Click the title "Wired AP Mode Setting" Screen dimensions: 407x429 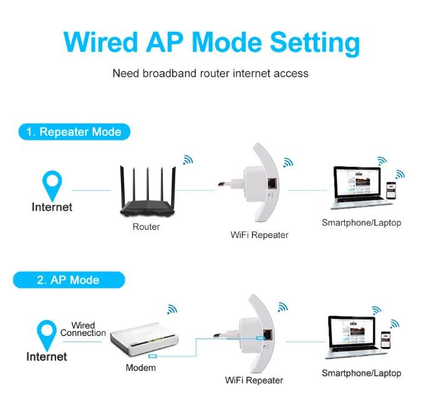212,42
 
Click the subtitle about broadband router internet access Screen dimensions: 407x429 210,74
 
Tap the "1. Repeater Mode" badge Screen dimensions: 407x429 74,132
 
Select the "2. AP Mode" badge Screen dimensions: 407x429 68,280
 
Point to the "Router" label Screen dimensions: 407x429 146,227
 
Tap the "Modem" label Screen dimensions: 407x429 140,368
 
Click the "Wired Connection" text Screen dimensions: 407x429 83,329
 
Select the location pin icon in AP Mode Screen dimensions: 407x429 46,332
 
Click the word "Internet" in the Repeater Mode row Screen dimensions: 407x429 52,207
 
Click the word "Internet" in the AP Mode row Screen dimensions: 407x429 46,357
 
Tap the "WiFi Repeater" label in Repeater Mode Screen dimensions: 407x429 259,235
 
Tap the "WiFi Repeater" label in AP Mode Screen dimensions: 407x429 254,380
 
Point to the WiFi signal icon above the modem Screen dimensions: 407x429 171,310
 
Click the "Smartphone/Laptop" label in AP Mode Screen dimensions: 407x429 361,373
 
